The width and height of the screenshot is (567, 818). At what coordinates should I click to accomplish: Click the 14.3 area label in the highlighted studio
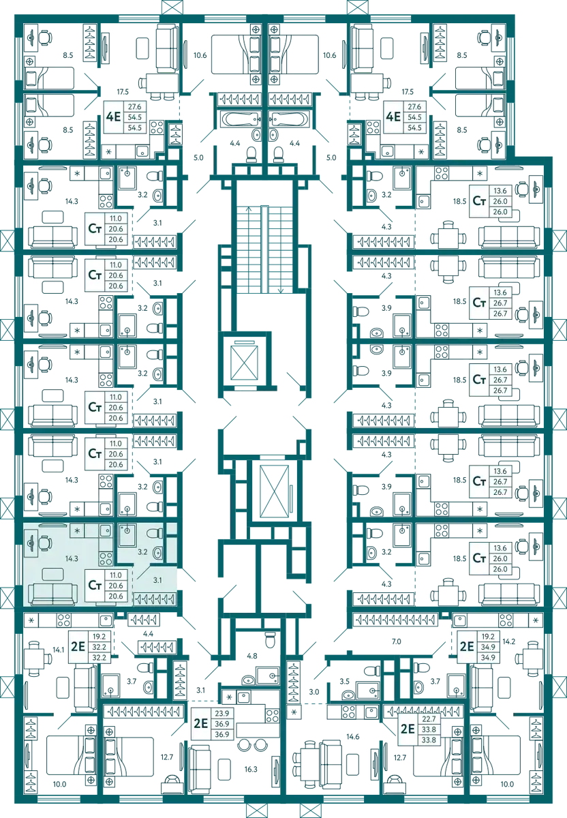(x=72, y=558)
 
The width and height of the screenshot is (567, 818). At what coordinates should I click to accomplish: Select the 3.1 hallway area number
(x=157, y=580)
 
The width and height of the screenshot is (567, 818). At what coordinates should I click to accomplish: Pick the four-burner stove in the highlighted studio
(x=106, y=559)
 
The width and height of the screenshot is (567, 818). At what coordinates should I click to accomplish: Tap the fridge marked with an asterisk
(x=77, y=530)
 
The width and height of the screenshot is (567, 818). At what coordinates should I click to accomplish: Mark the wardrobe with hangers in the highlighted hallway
(x=154, y=599)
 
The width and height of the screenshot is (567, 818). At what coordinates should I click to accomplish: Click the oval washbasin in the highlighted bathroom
(x=157, y=553)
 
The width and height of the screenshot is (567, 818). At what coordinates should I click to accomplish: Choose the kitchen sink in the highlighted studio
(x=105, y=531)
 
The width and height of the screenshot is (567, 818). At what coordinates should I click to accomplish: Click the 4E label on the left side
(x=113, y=117)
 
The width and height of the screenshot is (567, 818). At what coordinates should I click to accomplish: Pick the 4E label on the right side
(x=393, y=117)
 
